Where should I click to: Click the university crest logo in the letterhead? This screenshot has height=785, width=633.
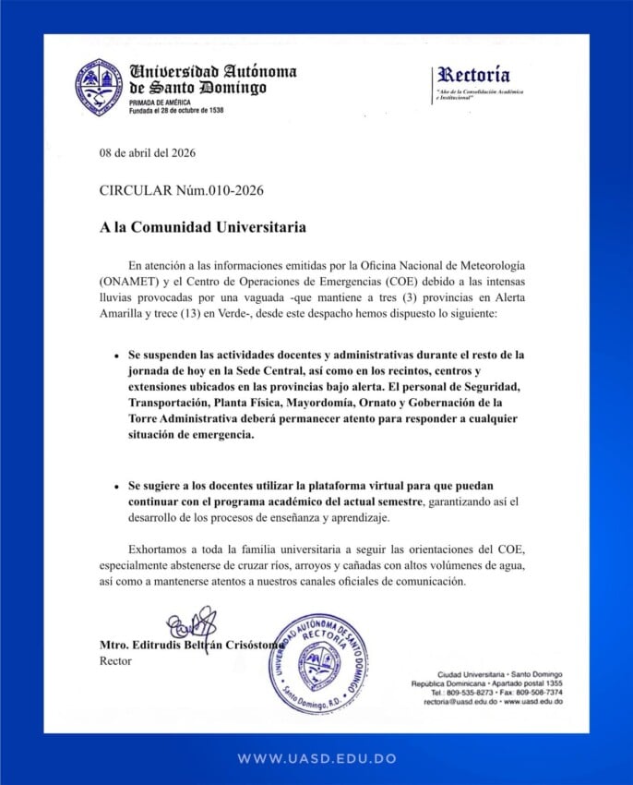tap(99, 87)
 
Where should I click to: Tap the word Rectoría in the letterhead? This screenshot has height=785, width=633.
tap(473, 75)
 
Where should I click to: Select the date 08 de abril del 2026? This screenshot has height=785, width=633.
tap(148, 153)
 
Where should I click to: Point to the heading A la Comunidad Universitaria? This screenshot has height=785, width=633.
tap(203, 226)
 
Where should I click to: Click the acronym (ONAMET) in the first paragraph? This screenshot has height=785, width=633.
tap(131, 282)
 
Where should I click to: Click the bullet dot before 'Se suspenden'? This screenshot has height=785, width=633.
tap(115, 356)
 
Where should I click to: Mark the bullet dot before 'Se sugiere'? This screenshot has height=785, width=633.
tap(115, 486)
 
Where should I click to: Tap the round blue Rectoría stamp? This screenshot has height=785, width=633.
tap(318, 662)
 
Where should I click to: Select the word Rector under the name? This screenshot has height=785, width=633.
tap(115, 661)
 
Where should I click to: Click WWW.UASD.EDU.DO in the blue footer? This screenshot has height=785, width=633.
tap(316, 758)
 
